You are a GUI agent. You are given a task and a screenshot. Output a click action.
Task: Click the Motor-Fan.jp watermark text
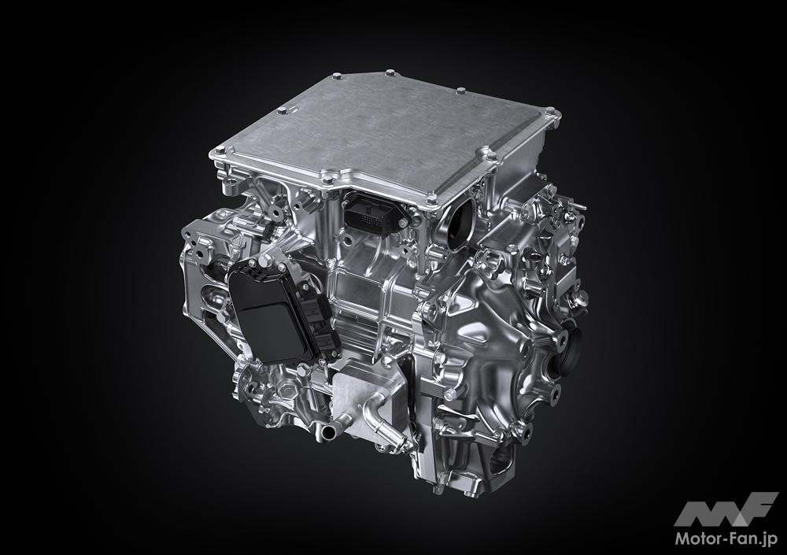[726, 538]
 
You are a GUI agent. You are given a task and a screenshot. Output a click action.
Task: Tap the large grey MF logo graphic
[726, 510]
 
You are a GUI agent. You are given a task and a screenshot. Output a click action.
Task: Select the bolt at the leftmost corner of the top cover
[220, 150]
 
